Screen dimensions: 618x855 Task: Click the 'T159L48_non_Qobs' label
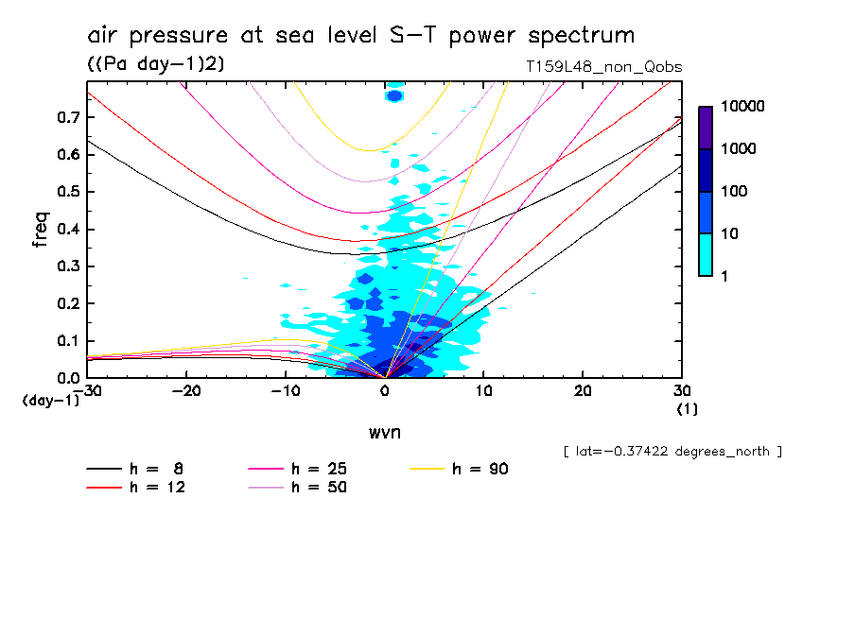[603, 67]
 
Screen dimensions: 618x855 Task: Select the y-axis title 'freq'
[40, 230]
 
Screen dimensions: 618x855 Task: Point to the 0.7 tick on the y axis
[67, 117]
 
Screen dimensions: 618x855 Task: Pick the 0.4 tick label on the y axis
[67, 230]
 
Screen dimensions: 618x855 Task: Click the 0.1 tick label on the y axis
[67, 341]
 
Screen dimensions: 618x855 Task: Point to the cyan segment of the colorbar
[706, 254]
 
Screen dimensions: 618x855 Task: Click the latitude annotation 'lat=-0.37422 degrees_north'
[672, 452]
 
